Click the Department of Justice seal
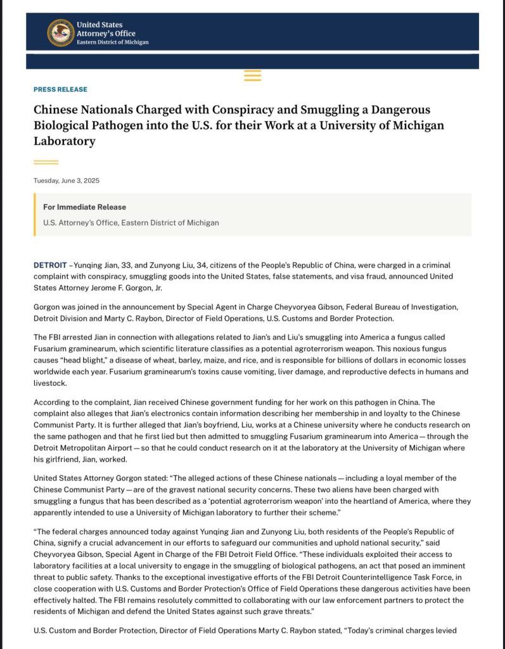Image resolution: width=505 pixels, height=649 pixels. (61, 33)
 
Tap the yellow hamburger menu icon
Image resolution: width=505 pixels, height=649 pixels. (252, 75)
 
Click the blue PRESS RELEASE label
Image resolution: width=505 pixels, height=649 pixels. (60, 89)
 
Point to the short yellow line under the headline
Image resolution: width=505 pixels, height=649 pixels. (46, 162)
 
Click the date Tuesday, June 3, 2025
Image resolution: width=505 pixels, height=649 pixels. (67, 181)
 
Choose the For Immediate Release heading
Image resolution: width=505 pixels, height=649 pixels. (84, 207)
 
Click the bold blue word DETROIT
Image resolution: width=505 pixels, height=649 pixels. (49, 264)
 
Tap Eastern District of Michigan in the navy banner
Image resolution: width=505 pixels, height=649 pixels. (113, 42)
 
